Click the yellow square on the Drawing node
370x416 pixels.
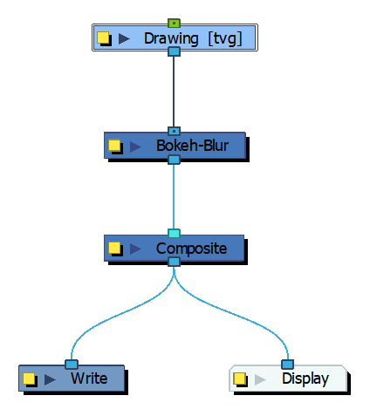(x=103, y=38)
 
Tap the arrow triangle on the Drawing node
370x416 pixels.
(x=124, y=38)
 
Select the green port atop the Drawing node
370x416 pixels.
(x=174, y=23)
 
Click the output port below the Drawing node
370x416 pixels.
(x=174, y=51)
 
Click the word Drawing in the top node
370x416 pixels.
(x=171, y=39)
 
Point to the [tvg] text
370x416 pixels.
(x=225, y=39)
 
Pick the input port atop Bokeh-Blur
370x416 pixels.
(x=174, y=131)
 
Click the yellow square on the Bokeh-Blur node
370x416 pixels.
(x=114, y=145)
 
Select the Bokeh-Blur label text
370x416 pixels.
(x=193, y=146)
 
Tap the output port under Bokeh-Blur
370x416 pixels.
(x=174, y=160)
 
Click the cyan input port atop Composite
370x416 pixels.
(x=174, y=233)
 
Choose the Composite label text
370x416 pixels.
(x=191, y=249)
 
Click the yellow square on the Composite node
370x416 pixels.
(x=114, y=248)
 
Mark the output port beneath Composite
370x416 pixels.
(x=174, y=262)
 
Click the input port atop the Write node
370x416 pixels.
(x=72, y=365)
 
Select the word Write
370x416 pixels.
(x=89, y=378)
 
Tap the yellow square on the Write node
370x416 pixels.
(x=29, y=378)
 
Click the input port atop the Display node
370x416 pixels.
(x=287, y=365)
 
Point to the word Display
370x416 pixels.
(x=305, y=379)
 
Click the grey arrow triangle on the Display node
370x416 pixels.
(x=260, y=379)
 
